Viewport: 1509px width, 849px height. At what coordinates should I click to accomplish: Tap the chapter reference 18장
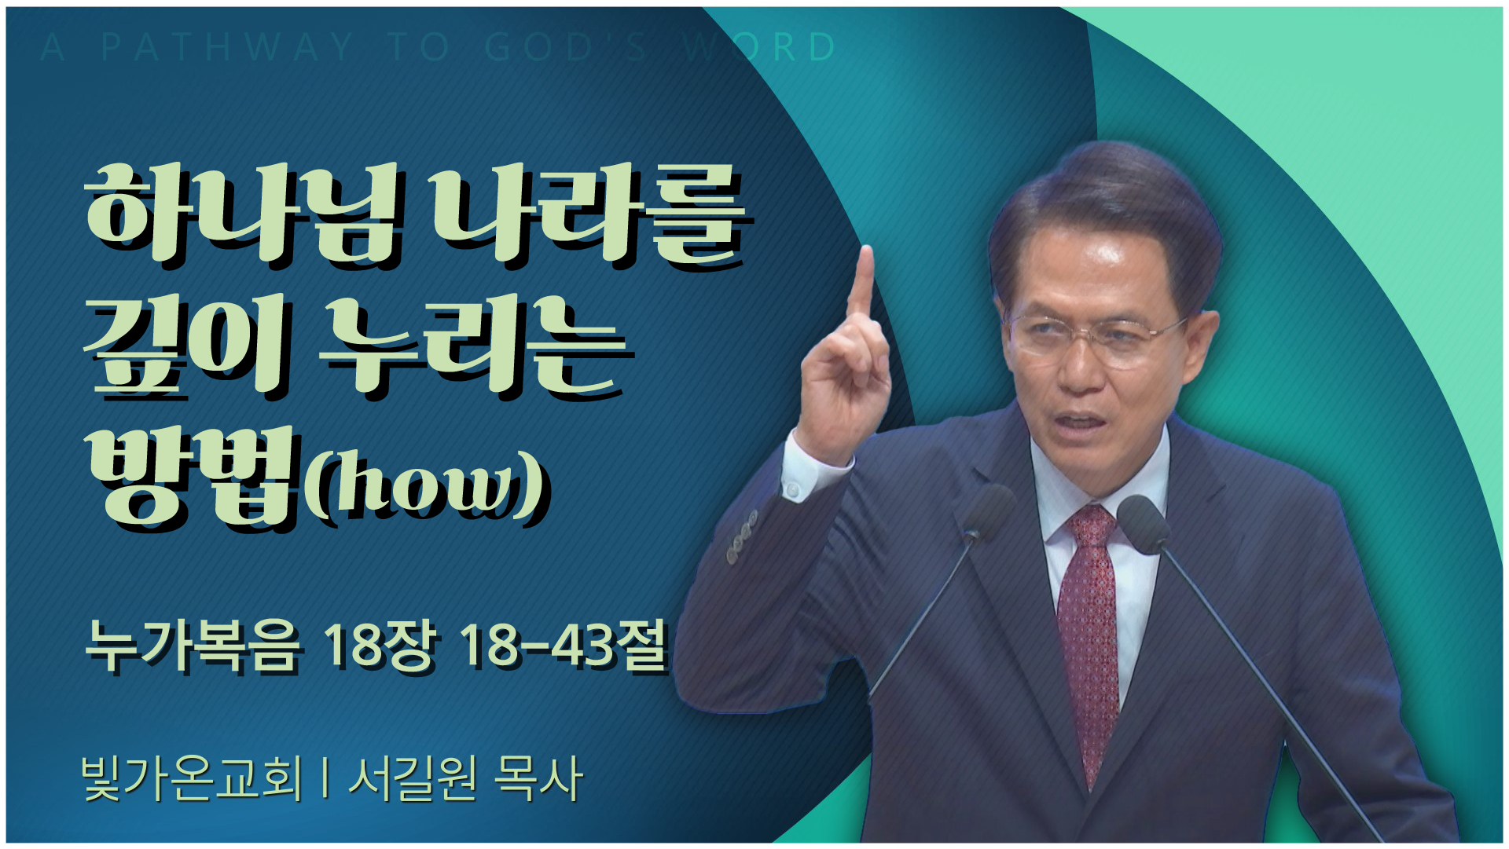(x=380, y=646)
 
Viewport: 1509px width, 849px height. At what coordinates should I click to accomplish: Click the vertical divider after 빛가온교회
(x=325, y=778)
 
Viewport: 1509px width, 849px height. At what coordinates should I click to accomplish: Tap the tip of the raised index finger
(x=867, y=250)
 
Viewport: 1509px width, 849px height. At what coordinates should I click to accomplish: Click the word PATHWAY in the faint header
(x=228, y=47)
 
